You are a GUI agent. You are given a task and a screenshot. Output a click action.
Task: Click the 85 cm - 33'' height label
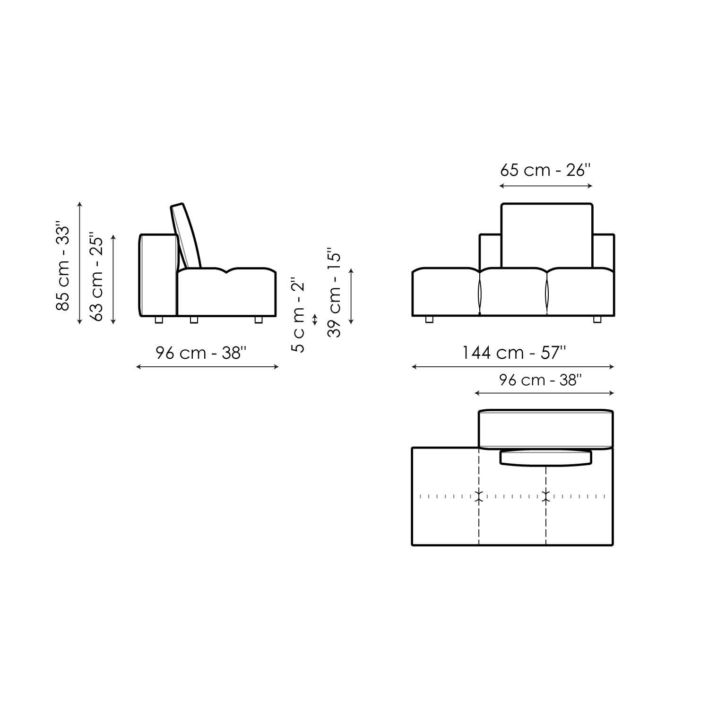click(x=62, y=266)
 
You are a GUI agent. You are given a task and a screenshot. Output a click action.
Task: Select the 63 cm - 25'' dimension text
click(x=96, y=277)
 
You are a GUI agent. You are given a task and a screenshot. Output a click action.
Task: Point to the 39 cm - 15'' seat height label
click(x=334, y=293)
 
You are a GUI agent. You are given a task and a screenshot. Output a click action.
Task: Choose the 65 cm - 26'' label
click(x=545, y=170)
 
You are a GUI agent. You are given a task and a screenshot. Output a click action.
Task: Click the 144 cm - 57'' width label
click(x=513, y=353)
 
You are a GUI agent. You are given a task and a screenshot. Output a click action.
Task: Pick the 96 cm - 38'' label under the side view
click(x=201, y=353)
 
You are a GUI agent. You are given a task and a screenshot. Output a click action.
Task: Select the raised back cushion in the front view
click(x=546, y=235)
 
